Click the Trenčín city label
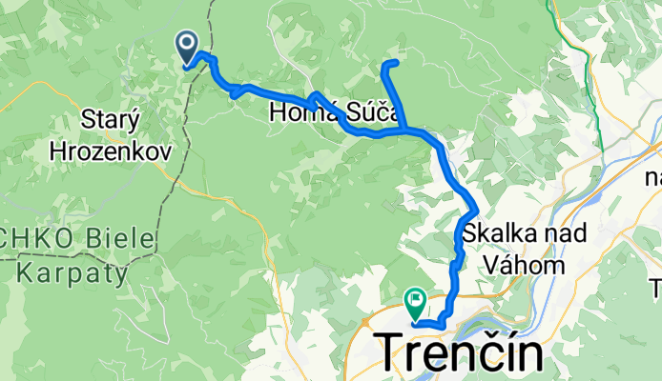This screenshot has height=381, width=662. pyautogui.click(x=464, y=353)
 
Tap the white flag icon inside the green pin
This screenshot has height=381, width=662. pyautogui.click(x=416, y=299)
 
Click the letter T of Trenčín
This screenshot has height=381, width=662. pyautogui.click(x=397, y=353)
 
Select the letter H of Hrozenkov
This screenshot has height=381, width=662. pyautogui.click(x=58, y=150)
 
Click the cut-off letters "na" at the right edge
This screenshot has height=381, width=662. pyautogui.click(x=652, y=177)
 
